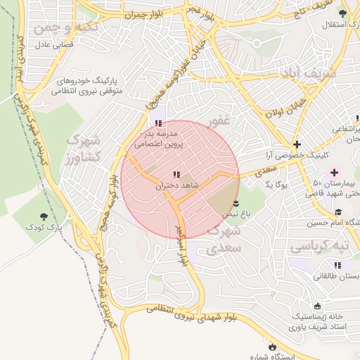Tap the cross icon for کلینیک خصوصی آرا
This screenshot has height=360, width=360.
[297, 143]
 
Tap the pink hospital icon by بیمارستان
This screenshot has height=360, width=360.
[334, 172]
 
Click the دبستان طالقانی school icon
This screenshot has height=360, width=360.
[337, 265]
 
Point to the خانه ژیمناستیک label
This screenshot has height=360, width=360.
[319, 317]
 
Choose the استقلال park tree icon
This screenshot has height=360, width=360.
[342, 14]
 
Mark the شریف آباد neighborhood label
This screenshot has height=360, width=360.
[313, 72]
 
